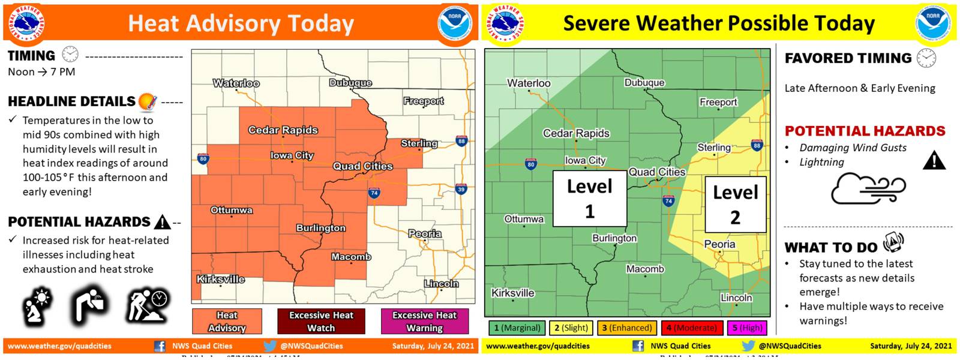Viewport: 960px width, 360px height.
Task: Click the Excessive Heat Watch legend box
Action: pyautogui.click(x=321, y=322)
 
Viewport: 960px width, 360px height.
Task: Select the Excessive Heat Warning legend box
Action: pyautogui.click(x=424, y=322)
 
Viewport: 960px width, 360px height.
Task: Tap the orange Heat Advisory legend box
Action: pyautogui.click(x=227, y=322)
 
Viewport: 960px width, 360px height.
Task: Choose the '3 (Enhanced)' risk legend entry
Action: pyautogui.click(x=626, y=328)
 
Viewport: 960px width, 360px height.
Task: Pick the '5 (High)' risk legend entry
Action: pyautogui.click(x=746, y=328)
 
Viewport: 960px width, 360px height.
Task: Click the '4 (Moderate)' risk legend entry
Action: pyautogui.click(x=692, y=328)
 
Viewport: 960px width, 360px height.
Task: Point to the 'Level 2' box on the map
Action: pyautogui.click(x=735, y=205)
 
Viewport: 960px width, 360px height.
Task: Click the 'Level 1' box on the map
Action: pyautogui.click(x=589, y=199)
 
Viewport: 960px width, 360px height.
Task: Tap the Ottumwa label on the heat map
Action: pyautogui.click(x=231, y=210)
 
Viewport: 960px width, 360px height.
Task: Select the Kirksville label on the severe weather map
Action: pyautogui.click(x=512, y=293)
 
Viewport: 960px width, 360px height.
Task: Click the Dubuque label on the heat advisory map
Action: pyautogui.click(x=350, y=83)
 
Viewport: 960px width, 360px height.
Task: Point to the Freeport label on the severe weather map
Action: pyautogui.click(x=718, y=102)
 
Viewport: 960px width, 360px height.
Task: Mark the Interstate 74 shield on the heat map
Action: pyautogui.click(x=374, y=193)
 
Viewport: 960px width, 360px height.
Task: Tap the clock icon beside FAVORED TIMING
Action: pyautogui.click(x=926, y=58)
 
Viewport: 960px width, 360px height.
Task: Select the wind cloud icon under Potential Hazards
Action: pyautogui.click(x=868, y=188)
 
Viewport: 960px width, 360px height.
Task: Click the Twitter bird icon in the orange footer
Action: pyautogui.click(x=270, y=346)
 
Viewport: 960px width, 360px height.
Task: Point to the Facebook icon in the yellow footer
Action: pyautogui.click(x=638, y=346)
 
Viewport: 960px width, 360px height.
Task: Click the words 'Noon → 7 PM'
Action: pyautogui.click(x=41, y=72)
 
